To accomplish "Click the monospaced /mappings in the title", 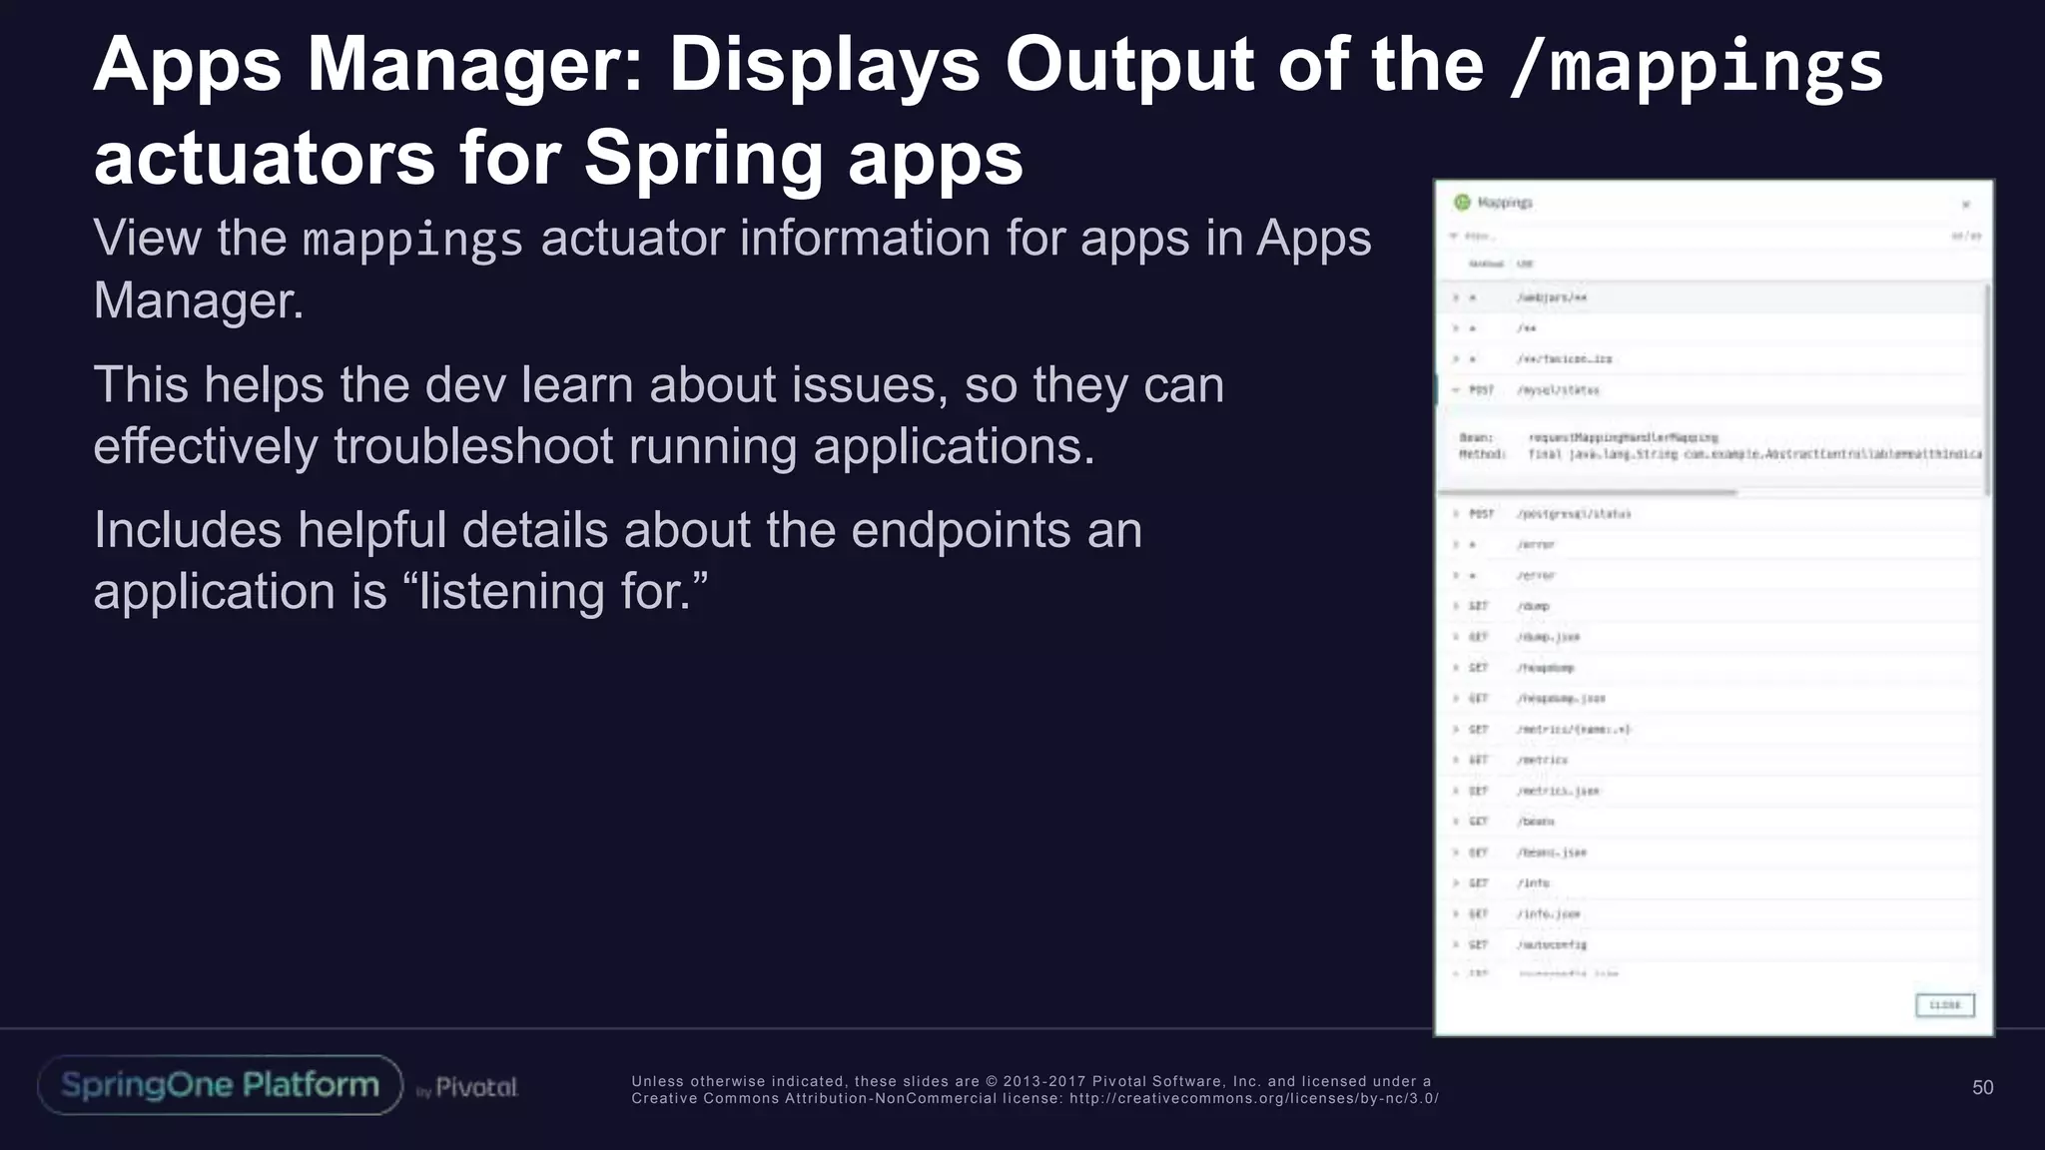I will point(1696,67).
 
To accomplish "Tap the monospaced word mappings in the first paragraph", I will point(412,241).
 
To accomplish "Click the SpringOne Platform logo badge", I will point(220,1085).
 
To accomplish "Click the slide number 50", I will point(1982,1087).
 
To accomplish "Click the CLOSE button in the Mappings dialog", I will point(1944,1005).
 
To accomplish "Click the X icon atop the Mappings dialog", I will point(1965,205).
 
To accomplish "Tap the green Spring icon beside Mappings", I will point(1463,203).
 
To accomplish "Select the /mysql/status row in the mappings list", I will point(1558,390).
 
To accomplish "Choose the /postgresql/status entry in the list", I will point(1574,514).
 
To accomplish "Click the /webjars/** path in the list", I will point(1552,297).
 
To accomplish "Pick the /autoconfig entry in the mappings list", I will point(1552,944).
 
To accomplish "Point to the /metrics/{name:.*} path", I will point(1574,730).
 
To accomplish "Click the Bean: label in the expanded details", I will point(1476,437).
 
